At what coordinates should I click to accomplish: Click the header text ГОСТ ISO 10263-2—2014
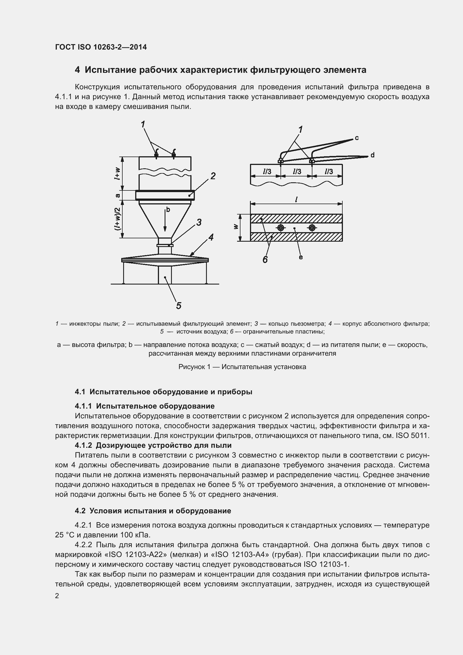pyautogui.click(x=101, y=47)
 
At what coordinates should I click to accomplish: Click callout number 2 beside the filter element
pyautogui.click(x=213, y=176)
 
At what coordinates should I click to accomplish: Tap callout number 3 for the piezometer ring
pyautogui.click(x=199, y=222)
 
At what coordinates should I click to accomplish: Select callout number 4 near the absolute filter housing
pyautogui.click(x=211, y=237)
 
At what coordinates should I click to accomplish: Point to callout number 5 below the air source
pyautogui.click(x=179, y=306)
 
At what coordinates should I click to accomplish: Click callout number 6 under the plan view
pyautogui.click(x=265, y=259)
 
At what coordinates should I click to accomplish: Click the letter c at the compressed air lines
pyautogui.click(x=357, y=138)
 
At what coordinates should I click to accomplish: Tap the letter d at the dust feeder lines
pyautogui.click(x=372, y=155)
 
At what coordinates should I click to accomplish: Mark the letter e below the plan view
pyautogui.click(x=301, y=257)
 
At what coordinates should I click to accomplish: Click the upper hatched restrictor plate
pyautogui.click(x=296, y=218)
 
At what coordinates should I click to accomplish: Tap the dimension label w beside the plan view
pyautogui.click(x=235, y=227)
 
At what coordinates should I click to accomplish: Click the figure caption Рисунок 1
pyautogui.click(x=242, y=367)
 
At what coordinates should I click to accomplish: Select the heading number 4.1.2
pyautogui.click(x=83, y=445)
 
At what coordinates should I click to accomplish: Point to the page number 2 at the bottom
pyautogui.click(x=57, y=596)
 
